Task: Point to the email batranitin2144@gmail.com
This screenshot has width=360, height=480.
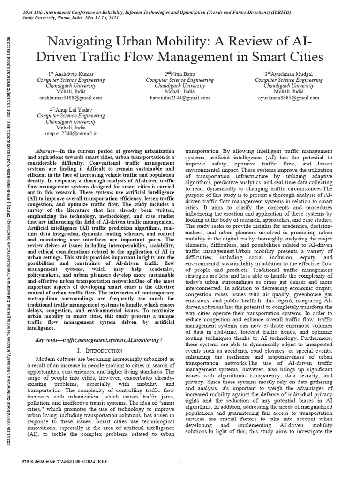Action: [180, 98]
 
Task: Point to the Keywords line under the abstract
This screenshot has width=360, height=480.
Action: [82, 338]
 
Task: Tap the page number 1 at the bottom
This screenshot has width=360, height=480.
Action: [180, 462]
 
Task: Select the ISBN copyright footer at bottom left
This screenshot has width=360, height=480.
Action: [65, 462]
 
